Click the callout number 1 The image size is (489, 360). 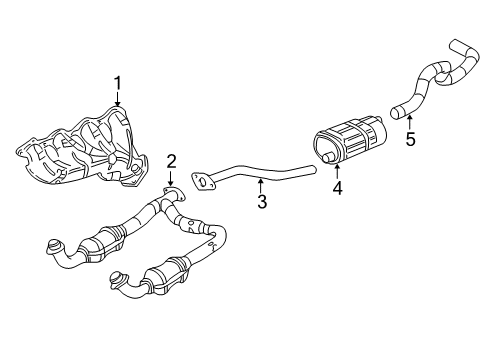click(118, 83)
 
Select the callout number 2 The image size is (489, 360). click(171, 160)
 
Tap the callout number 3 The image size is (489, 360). click(261, 204)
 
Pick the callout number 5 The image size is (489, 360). click(409, 140)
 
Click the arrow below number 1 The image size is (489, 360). click(118, 98)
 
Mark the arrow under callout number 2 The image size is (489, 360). click(171, 176)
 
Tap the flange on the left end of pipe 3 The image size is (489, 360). click(206, 182)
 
